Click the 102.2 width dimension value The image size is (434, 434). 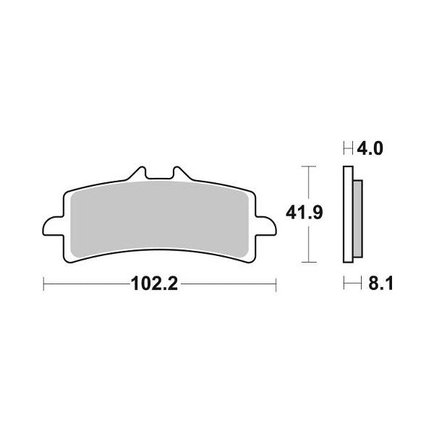pos(154,284)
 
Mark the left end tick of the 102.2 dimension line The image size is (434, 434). pos(44,284)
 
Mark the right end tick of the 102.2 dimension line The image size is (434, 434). pos(275,284)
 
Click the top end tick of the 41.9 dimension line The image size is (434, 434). pos(310,167)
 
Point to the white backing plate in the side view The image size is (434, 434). pos(346,215)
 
